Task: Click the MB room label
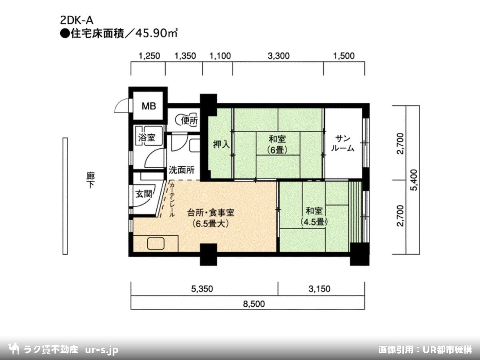click(x=149, y=106)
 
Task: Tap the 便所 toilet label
click(x=189, y=121)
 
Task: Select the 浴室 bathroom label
click(x=146, y=138)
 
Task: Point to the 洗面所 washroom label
click(x=182, y=170)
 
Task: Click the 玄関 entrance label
click(x=144, y=194)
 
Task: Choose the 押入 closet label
click(x=221, y=144)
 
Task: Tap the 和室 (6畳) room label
click(x=277, y=144)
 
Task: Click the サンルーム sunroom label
click(x=343, y=143)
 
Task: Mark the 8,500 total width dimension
click(x=254, y=304)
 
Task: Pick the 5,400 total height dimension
click(x=414, y=180)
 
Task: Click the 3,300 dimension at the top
click(x=278, y=56)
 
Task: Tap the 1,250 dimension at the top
click(x=149, y=56)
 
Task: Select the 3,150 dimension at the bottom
click(x=319, y=289)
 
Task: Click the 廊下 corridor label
click(x=90, y=180)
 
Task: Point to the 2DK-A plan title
click(x=77, y=20)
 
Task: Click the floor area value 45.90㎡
click(x=156, y=34)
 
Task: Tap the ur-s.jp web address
click(x=102, y=350)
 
